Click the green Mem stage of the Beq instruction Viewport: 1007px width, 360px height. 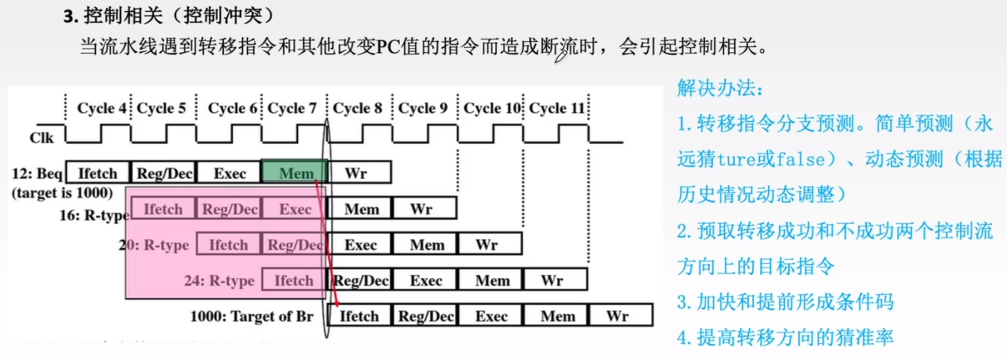coord(294,173)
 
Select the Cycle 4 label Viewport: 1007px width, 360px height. coord(102,108)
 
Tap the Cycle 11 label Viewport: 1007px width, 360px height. coord(556,108)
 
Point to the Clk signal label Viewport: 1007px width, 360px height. coord(42,137)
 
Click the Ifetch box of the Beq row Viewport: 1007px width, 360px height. coord(97,173)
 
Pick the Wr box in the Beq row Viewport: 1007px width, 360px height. coord(356,173)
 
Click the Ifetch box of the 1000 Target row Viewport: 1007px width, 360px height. coord(359,316)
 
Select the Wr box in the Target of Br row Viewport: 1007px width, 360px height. coord(618,316)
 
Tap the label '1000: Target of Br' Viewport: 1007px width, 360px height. coord(252,316)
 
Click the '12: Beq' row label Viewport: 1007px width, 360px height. coord(37,174)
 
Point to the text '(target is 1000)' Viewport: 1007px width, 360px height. coord(62,193)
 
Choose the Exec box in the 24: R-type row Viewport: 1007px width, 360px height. coord(426,280)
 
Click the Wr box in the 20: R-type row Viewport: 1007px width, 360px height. coord(487,245)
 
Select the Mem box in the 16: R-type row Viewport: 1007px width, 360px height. coord(361,209)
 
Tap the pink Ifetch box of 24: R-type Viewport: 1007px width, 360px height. coord(293,280)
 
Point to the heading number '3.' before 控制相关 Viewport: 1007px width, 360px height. coord(70,17)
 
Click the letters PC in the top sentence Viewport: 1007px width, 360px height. coord(388,47)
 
